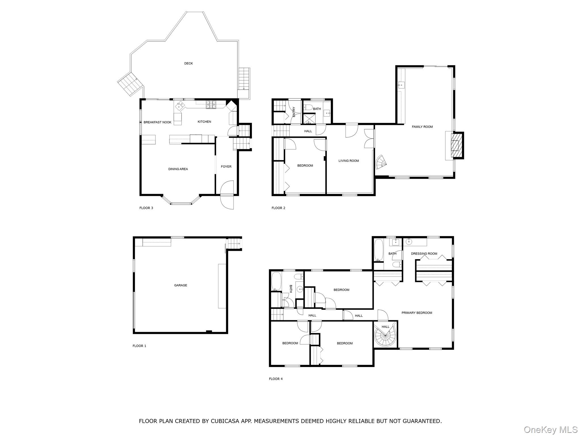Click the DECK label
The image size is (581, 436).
click(188, 63)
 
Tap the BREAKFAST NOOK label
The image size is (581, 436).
click(157, 122)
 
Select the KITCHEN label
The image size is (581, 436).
click(204, 122)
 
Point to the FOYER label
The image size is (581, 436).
click(226, 167)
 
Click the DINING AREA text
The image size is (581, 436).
click(178, 169)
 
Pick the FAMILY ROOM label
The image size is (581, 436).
click(422, 127)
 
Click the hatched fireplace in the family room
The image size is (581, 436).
click(455, 146)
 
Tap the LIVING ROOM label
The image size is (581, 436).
click(348, 161)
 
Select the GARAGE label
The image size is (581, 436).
click(180, 285)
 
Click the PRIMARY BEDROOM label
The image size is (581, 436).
click(416, 313)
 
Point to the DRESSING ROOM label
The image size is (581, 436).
click(424, 254)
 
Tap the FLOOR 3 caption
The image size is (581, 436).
click(146, 208)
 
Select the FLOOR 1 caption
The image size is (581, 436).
click(139, 346)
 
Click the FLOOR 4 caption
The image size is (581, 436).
click(276, 379)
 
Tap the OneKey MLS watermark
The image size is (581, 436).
click(550, 430)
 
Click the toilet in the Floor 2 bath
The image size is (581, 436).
click(308, 108)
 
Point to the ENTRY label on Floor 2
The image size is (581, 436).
click(294, 112)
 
